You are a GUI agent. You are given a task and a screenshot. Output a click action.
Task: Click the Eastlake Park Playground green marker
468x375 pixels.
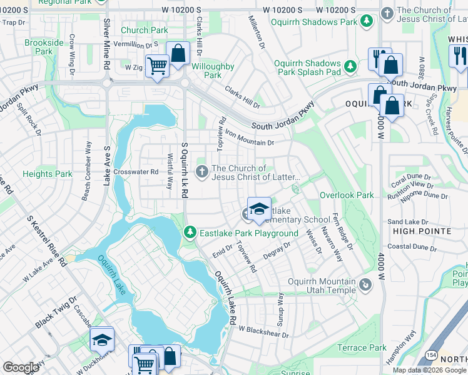(x=191, y=233)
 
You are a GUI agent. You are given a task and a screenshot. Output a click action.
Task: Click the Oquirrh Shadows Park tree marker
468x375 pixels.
(x=367, y=22)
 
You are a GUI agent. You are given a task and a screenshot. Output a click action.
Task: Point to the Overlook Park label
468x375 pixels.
(x=347, y=195)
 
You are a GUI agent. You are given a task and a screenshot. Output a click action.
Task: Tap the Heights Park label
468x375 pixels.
(x=48, y=174)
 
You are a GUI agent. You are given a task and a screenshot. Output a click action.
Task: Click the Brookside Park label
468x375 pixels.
(x=44, y=47)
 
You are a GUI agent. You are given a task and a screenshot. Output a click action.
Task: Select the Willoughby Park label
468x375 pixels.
(x=213, y=71)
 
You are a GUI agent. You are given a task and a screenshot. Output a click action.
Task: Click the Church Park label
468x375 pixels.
(x=144, y=30)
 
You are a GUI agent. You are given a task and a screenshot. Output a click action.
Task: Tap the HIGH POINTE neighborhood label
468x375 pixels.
(x=422, y=231)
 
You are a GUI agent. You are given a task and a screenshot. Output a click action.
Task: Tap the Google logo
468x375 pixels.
(x=21, y=367)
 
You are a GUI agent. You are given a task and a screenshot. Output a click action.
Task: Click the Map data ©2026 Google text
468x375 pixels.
(x=429, y=370)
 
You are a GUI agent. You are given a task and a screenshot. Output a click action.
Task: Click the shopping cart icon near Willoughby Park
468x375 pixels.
(x=157, y=65)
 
